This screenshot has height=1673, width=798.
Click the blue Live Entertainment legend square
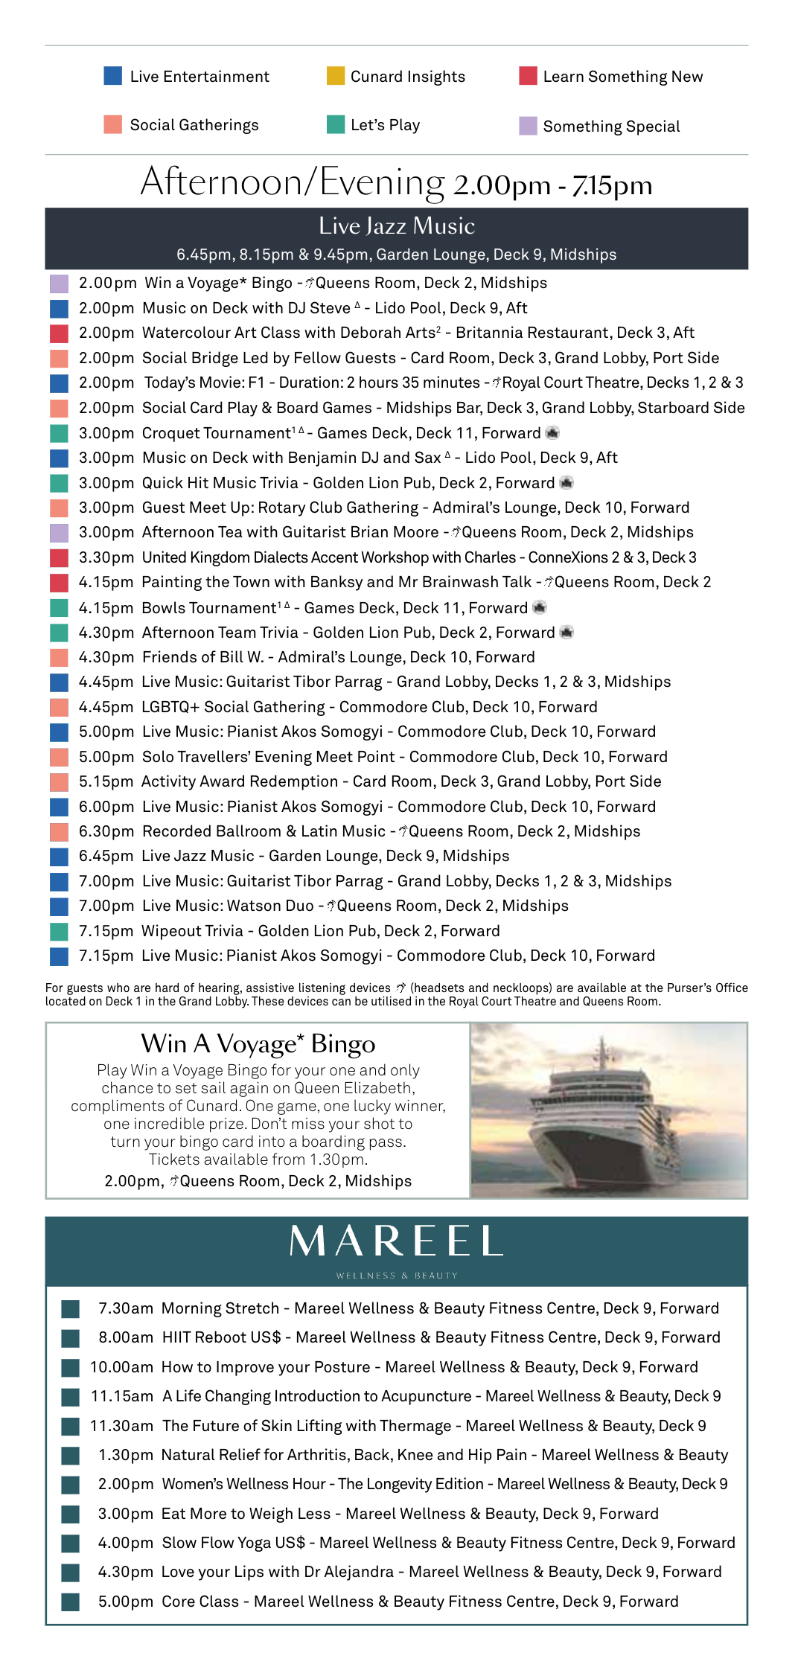click(112, 76)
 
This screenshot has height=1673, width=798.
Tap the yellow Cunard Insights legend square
click(336, 76)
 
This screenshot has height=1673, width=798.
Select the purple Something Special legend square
click(528, 126)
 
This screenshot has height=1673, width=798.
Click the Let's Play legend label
click(385, 125)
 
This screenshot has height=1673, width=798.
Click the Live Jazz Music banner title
click(396, 226)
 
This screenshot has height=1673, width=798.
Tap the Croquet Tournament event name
click(217, 433)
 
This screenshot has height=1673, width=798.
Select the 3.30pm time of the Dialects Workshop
click(106, 557)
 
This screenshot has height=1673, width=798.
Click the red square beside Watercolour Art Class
click(59, 333)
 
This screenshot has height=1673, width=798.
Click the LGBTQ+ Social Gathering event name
click(233, 707)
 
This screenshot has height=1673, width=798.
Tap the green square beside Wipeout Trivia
click(59, 931)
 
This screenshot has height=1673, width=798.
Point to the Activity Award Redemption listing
click(240, 781)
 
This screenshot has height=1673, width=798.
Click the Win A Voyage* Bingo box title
click(258, 1043)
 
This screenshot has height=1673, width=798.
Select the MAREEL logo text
click(396, 1241)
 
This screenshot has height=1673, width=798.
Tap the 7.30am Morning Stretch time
click(126, 1308)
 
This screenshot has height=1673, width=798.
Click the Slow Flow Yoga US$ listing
click(234, 1543)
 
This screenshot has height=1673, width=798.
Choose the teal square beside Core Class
click(71, 1602)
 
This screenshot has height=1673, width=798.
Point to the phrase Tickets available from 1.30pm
click(258, 1159)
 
